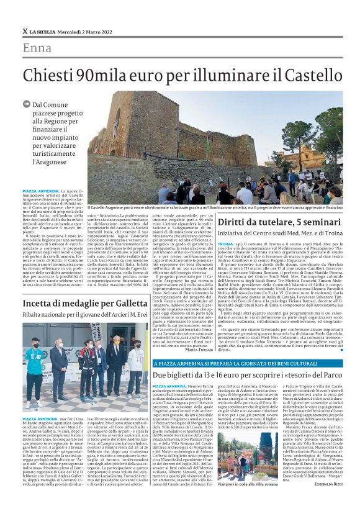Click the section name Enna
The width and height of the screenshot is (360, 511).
(37, 48)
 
